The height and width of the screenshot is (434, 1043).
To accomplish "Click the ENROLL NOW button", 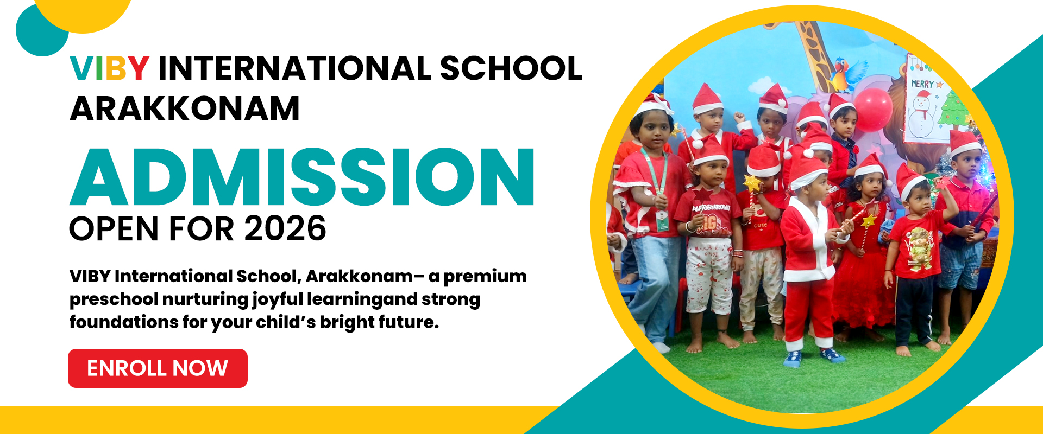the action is click(158, 368).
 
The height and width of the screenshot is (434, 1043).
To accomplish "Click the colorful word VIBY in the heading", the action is click(110, 68).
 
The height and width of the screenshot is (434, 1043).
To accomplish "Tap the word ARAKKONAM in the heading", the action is click(185, 108).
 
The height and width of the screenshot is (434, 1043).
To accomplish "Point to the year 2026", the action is click(285, 228).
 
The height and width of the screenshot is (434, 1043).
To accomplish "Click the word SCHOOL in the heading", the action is click(511, 68).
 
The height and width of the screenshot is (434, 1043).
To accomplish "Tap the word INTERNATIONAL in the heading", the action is click(293, 68).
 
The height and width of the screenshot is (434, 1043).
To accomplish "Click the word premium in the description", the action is click(485, 277).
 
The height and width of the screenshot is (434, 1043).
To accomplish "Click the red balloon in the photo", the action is click(873, 109).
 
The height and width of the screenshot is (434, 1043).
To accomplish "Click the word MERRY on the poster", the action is click(922, 84).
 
